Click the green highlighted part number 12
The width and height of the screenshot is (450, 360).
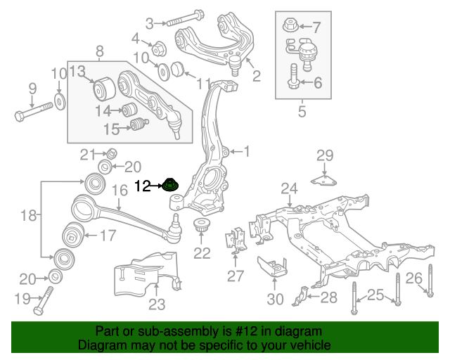[171, 186]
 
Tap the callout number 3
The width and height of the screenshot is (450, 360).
[149, 24]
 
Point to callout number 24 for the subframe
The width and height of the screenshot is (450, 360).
[290, 188]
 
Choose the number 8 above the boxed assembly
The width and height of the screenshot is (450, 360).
[99, 51]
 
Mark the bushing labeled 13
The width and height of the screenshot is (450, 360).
[105, 90]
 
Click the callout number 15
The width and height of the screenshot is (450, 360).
[112, 129]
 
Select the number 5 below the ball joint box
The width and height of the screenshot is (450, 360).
[302, 110]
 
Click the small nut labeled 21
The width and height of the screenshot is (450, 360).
[110, 153]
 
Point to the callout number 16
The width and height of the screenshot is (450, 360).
[120, 190]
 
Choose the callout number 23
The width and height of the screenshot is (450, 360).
[156, 304]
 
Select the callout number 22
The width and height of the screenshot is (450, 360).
[202, 253]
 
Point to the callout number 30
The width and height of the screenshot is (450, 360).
[275, 299]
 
